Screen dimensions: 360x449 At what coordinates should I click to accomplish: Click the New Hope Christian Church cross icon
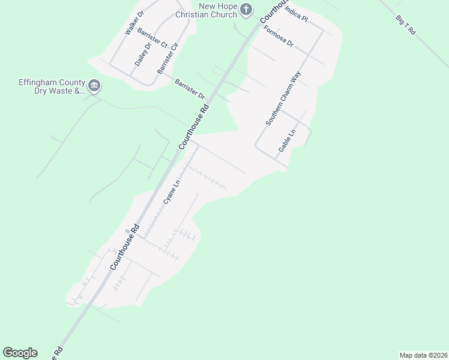coord(246,9)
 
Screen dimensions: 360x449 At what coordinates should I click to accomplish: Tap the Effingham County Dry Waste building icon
coord(94,86)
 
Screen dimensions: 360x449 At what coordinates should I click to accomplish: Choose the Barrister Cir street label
coord(167,59)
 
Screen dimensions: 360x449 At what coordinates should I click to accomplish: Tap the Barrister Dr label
coord(190,89)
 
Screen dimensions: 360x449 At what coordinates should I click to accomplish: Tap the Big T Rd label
coord(406,27)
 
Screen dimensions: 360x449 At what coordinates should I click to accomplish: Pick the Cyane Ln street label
coord(172,195)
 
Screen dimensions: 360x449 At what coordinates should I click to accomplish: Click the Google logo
coord(20,353)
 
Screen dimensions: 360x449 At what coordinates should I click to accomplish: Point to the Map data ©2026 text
coord(423,355)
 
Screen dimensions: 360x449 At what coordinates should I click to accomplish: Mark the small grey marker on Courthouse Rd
coord(127,231)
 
